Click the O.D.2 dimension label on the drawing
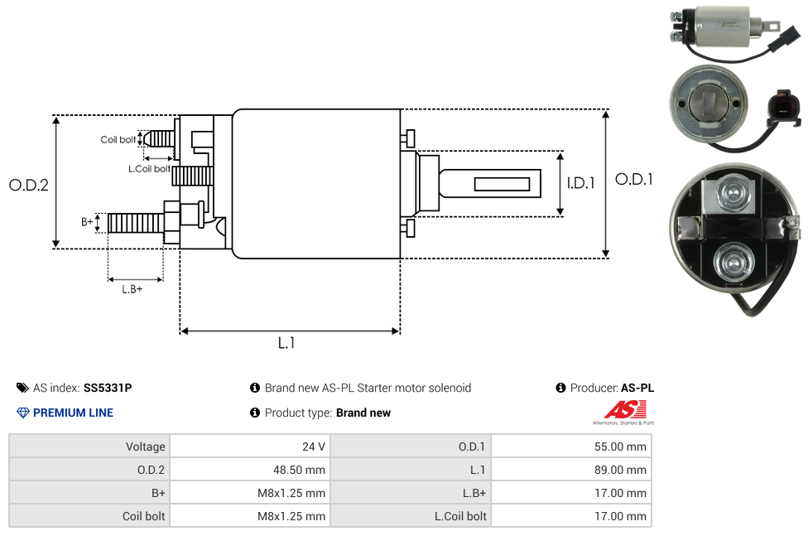click(x=28, y=185)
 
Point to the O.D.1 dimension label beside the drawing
click(x=633, y=179)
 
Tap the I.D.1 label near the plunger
click(x=580, y=184)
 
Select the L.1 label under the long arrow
click(x=286, y=343)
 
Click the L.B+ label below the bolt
click(x=132, y=289)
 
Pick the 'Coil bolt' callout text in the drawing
click(x=118, y=139)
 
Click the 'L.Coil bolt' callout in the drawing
click(x=149, y=169)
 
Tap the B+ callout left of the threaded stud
click(x=87, y=221)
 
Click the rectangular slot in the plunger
click(x=503, y=183)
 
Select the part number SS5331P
click(x=108, y=388)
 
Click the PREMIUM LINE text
click(x=73, y=413)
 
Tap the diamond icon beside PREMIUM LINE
click(x=22, y=413)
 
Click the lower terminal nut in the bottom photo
click(x=735, y=263)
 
